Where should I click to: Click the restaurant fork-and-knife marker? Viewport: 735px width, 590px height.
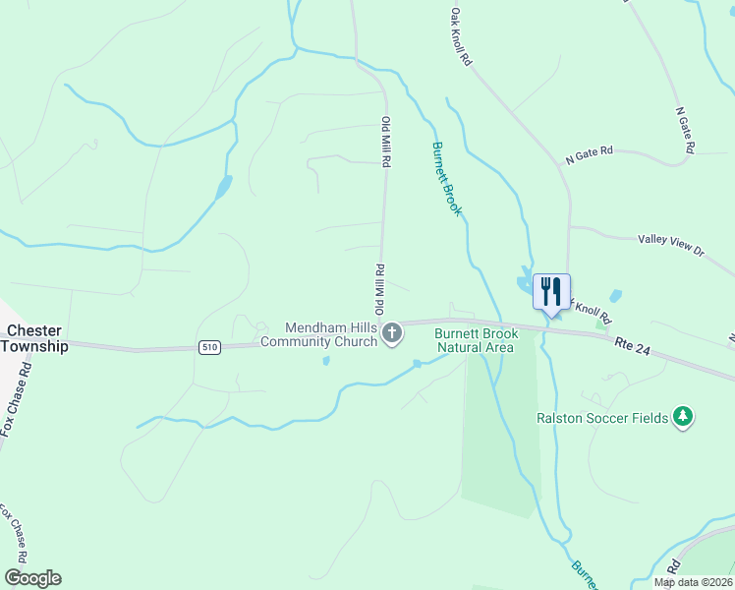pos(551,291)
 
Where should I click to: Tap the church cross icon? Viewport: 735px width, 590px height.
pos(391,334)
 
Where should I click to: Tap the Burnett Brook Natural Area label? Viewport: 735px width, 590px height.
pos(475,340)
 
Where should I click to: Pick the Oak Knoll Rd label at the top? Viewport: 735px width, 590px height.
pos(461,38)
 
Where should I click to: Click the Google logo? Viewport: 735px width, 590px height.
pos(32,578)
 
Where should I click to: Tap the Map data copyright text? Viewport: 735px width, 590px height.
pos(694,582)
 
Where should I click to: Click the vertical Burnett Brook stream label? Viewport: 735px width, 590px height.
pos(446,179)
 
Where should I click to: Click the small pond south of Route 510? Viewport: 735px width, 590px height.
pos(325,361)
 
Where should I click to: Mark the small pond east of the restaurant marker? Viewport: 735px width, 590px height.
pos(615,295)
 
